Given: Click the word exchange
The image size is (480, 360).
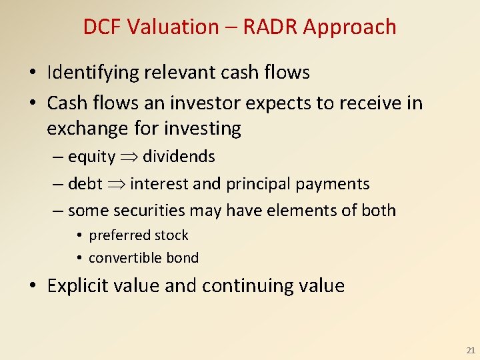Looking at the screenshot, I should click(88, 128).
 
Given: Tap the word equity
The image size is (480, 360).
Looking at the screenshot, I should click(92, 157).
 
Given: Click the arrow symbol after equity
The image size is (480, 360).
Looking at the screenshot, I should click(129, 157).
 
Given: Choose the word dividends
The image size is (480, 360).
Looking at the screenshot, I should click(179, 157).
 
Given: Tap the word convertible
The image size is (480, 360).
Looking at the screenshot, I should click(125, 258).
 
